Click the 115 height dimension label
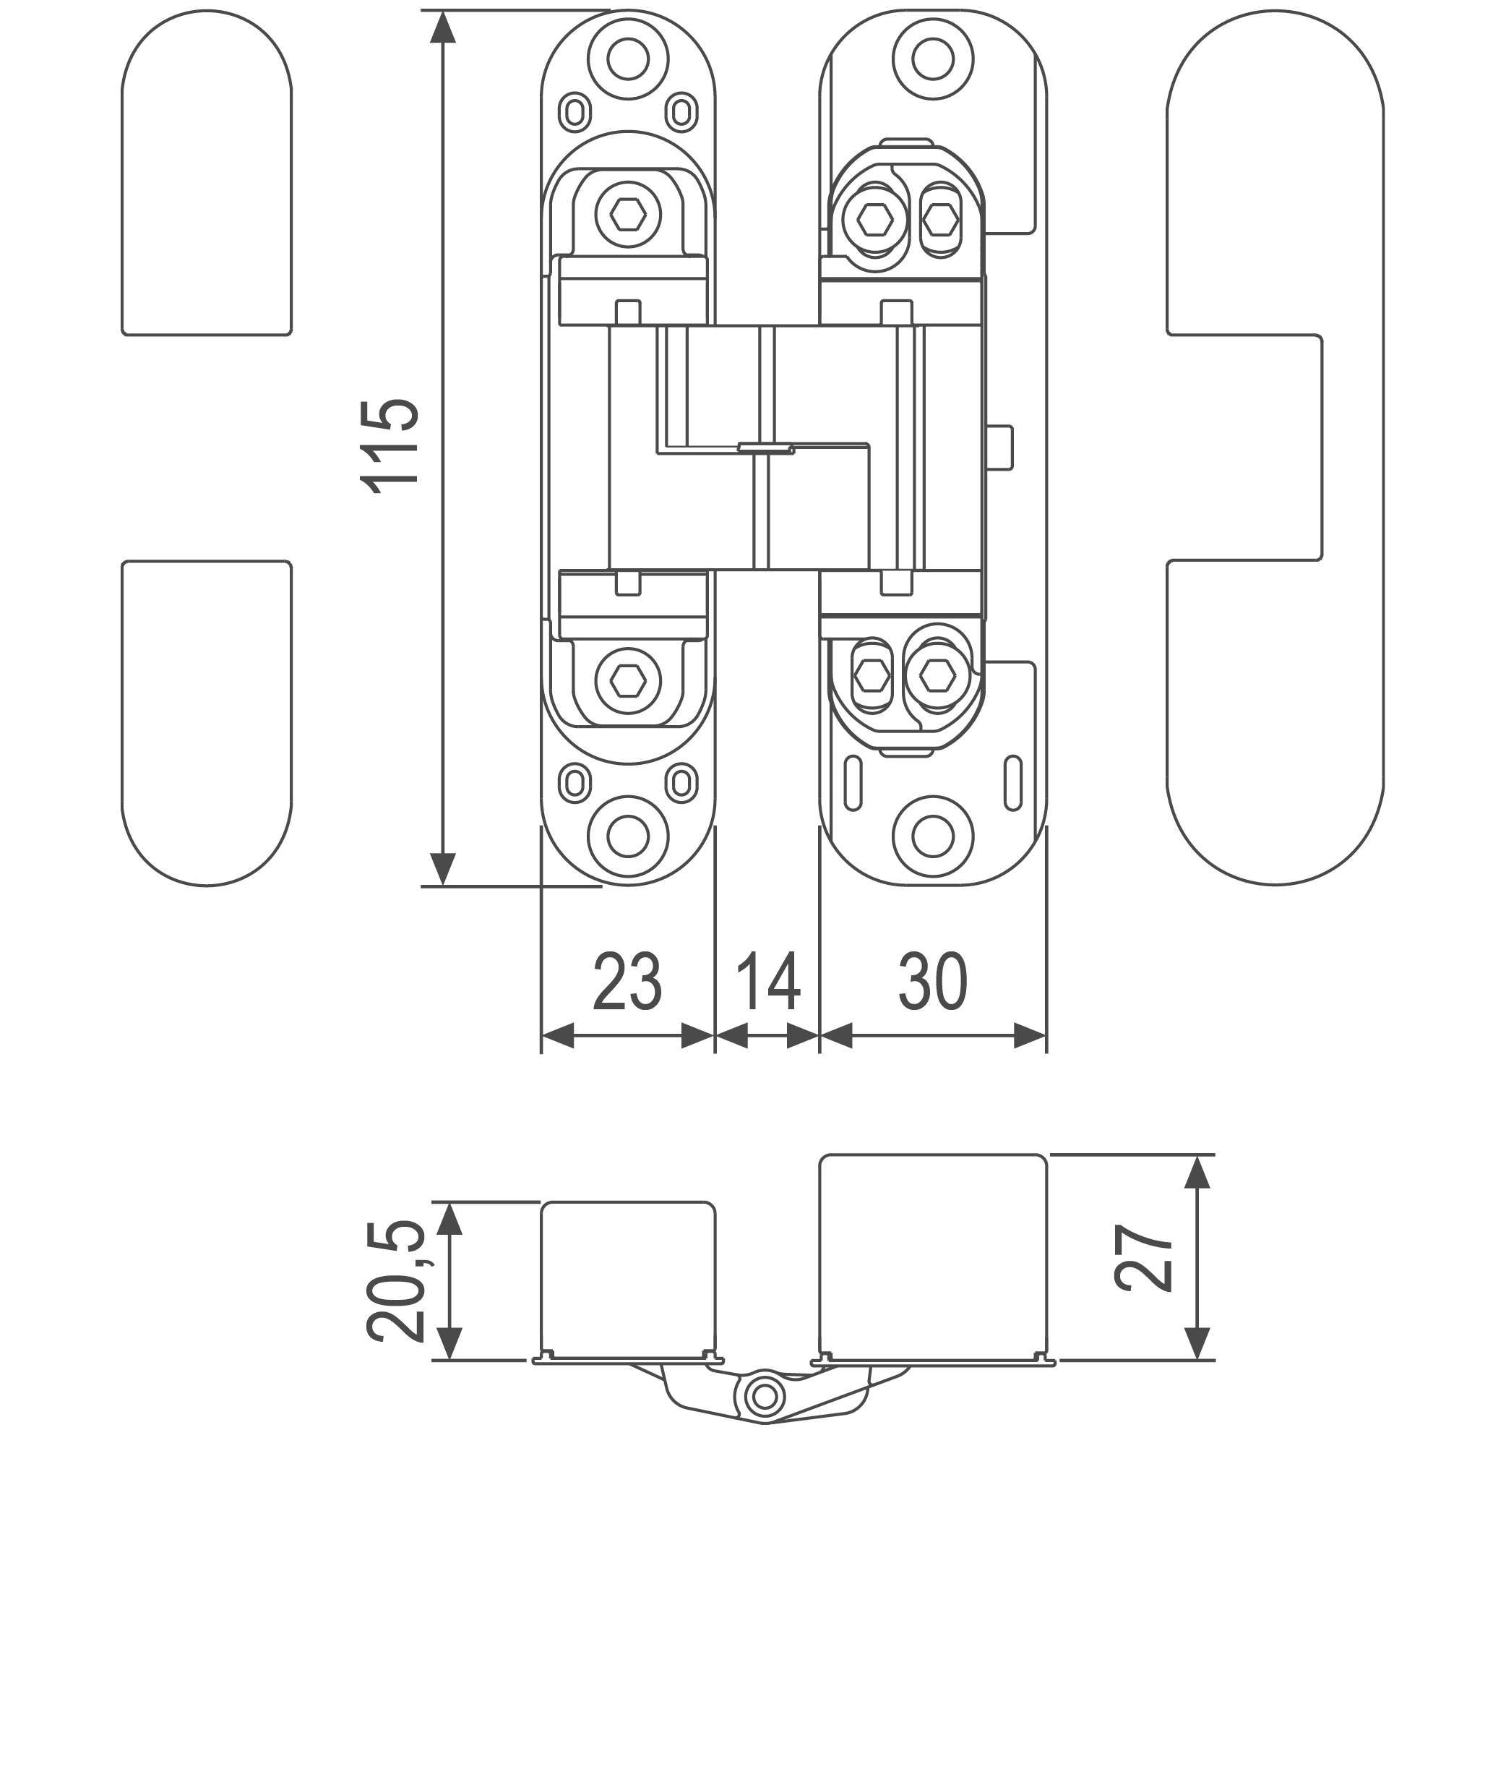[390, 446]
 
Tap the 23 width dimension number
[627, 982]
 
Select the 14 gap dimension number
[768, 982]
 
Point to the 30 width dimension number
[933, 982]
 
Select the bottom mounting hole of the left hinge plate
[629, 836]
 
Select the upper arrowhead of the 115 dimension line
[442, 27]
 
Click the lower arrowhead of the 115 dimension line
[442, 869]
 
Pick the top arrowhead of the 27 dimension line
[1198, 1173]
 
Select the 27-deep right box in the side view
[933, 1255]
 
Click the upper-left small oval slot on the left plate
[575, 112]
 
